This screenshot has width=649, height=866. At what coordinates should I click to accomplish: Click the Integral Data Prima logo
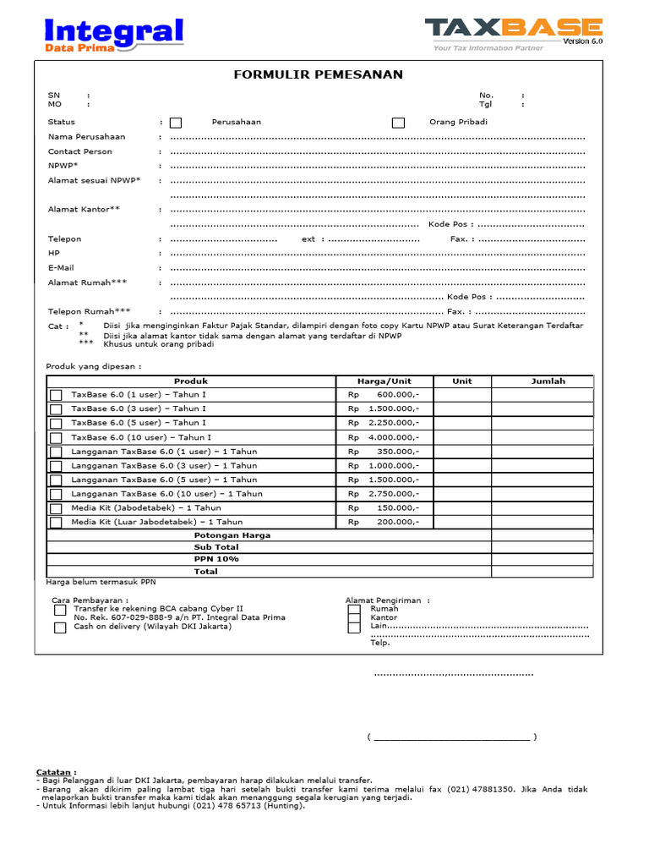coord(113,36)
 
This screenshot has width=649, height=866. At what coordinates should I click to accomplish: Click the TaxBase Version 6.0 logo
coord(514,34)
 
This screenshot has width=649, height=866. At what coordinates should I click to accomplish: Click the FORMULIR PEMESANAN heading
coord(319,74)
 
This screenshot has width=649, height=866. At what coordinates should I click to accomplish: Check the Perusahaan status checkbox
coord(176,123)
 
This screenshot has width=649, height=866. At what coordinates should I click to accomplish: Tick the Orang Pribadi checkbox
coord(398,123)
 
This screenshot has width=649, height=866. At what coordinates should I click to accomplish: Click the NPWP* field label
coord(63,166)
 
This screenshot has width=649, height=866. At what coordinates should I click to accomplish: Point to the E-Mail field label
coord(61,268)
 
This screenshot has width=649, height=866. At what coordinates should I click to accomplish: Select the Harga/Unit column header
coord(384,381)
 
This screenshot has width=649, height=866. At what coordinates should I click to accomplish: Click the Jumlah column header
coord(548,381)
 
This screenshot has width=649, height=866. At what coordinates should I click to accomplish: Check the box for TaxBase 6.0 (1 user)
coord(56,395)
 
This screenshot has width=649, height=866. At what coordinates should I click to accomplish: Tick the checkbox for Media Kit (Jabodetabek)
coord(56,508)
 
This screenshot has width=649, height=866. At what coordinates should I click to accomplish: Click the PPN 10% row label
coord(216,559)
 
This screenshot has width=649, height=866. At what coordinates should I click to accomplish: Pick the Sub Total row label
coord(216,547)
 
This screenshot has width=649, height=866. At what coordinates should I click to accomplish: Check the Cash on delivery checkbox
coord(60,628)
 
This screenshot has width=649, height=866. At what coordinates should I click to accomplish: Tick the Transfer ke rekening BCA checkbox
coord(60,609)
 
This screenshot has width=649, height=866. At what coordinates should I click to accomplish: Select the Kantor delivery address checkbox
coord(354,618)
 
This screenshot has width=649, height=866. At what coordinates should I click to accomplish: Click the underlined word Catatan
coord(55,772)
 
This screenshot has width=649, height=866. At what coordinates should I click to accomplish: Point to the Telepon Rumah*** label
coord(90,311)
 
